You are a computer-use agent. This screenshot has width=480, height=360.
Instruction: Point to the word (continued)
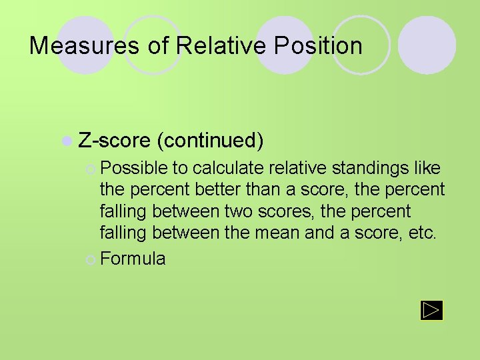coord(211,141)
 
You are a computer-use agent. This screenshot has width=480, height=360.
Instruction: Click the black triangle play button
coord(431,310)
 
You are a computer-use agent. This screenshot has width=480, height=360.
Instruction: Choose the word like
coord(428,168)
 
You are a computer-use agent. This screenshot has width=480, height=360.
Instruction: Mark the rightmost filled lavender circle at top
coord(427,45)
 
